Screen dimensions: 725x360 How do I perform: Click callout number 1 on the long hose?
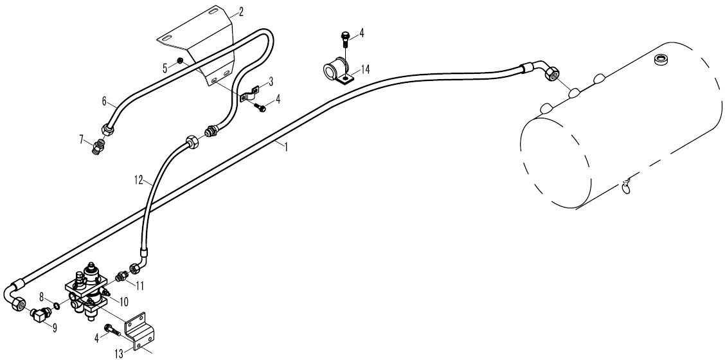pos(286,147)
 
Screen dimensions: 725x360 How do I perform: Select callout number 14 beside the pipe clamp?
pos(365,70)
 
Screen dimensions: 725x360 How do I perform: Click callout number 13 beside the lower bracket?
pos(119,354)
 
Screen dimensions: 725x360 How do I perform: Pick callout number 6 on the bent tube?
pos(104,100)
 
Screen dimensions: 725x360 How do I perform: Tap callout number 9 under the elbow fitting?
pos(55,328)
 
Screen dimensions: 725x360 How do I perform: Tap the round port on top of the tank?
pos(661,59)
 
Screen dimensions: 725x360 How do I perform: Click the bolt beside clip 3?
pos(261,107)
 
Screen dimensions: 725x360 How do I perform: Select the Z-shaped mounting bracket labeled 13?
pos(142,330)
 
